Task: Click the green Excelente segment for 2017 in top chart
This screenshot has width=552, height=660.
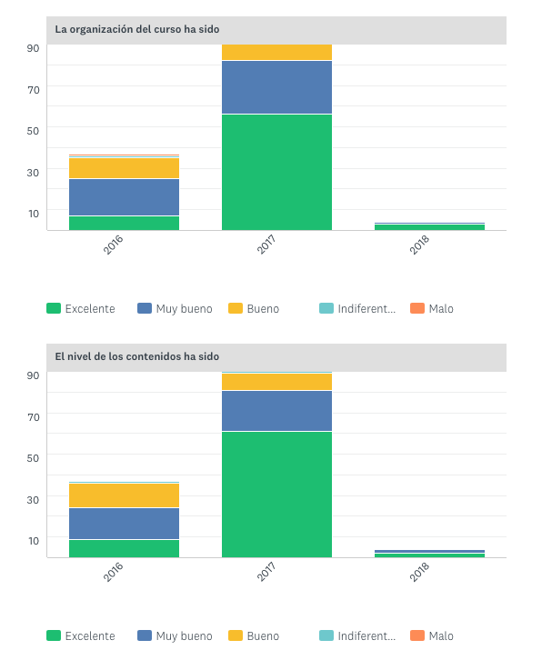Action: (276, 172)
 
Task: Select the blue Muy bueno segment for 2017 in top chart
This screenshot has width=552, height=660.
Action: (276, 87)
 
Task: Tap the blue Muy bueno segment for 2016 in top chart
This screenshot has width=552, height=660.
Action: (124, 196)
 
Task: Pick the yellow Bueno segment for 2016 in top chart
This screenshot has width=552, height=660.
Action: (124, 167)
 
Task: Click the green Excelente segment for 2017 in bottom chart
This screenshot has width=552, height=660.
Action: (276, 494)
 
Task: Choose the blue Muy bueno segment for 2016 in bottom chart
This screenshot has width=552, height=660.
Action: (124, 523)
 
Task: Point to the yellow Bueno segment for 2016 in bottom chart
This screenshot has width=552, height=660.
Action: (124, 495)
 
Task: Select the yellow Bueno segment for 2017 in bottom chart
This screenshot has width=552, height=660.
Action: (276, 382)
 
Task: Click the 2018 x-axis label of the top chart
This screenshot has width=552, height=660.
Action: (420, 244)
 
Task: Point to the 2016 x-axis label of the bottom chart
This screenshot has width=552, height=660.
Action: (115, 571)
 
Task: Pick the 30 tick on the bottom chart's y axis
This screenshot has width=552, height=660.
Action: (33, 499)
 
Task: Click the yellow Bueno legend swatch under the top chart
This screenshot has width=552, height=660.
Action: (236, 309)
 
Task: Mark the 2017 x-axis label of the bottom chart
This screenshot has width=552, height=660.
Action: (267, 571)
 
